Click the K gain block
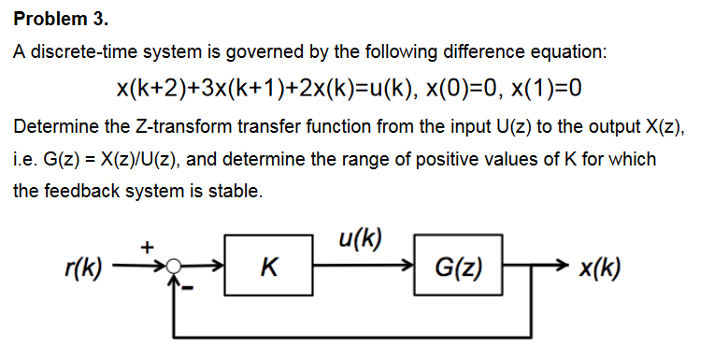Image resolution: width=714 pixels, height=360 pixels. (269, 271)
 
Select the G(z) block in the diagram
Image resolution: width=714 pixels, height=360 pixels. (459, 271)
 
